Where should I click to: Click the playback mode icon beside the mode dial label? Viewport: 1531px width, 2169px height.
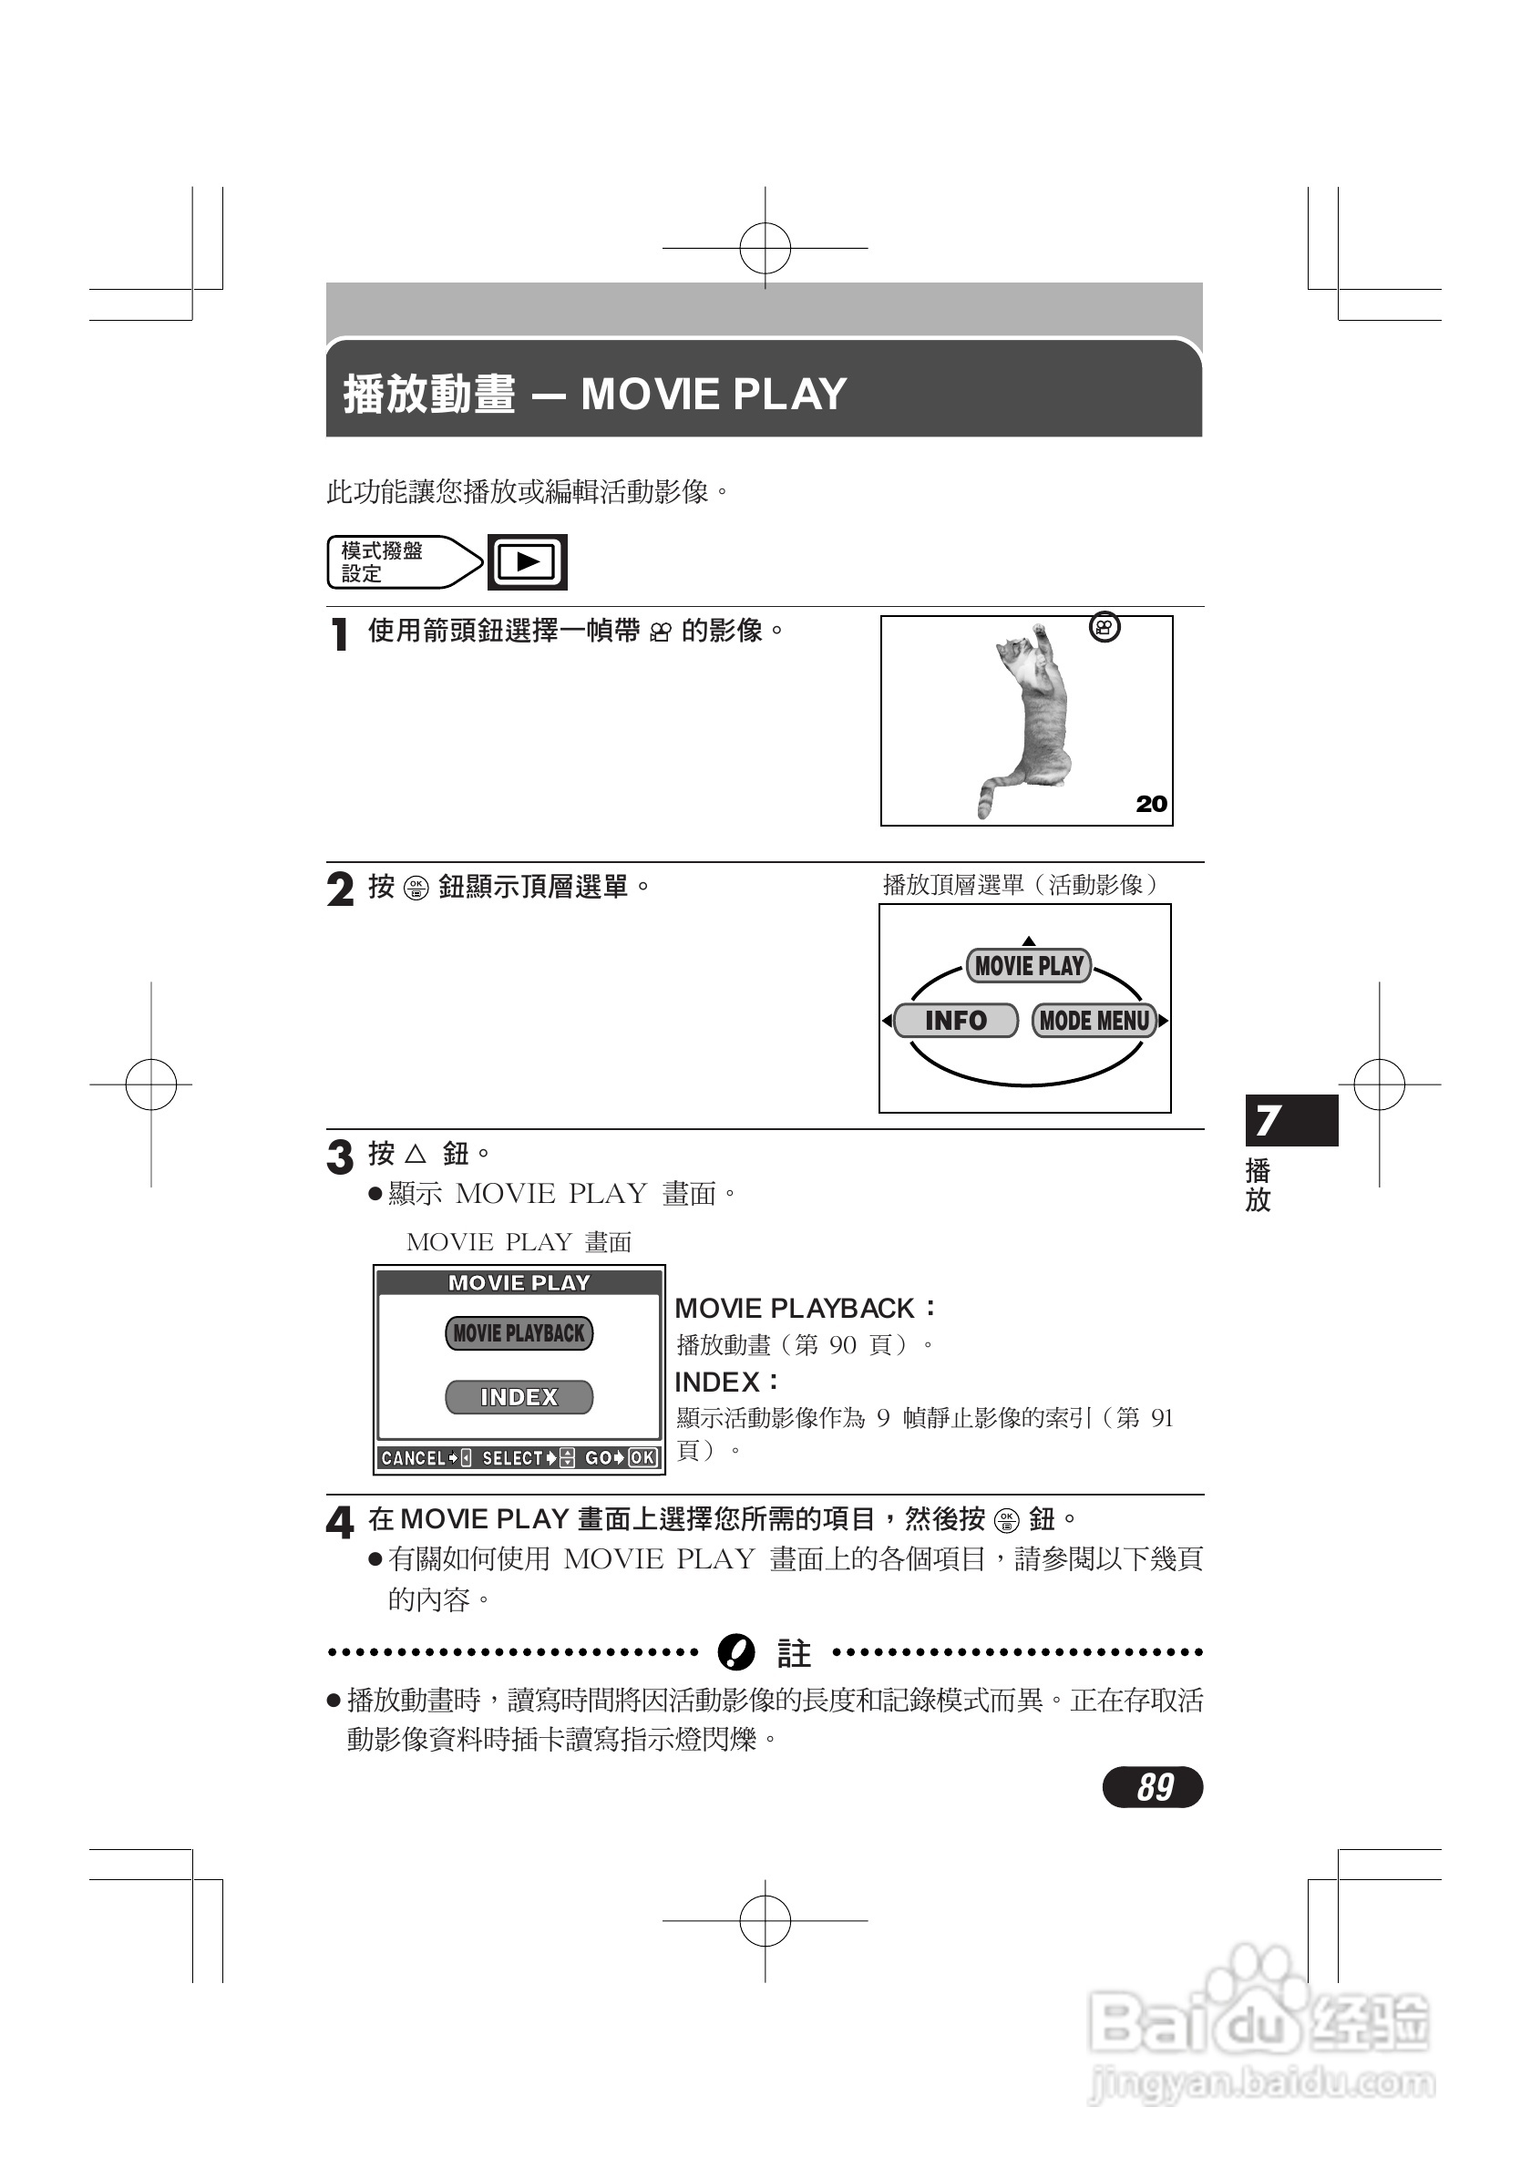[x=527, y=562]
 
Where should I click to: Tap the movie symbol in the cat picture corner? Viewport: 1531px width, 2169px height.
[x=1105, y=627]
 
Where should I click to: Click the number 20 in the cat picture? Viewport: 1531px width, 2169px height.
[x=1150, y=804]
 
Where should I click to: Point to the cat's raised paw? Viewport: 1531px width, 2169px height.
[x=1039, y=630]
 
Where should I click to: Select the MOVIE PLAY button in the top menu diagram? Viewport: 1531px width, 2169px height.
[x=1028, y=965]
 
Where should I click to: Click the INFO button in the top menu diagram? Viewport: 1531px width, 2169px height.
[x=955, y=1021]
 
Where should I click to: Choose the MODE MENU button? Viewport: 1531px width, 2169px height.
[x=1094, y=1021]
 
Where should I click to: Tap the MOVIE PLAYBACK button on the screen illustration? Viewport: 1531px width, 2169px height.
[x=519, y=1333]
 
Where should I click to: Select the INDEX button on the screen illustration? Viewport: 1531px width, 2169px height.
[x=519, y=1397]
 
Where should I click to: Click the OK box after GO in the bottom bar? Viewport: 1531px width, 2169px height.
[x=642, y=1457]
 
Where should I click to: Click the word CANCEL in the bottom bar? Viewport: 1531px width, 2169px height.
[x=413, y=1457]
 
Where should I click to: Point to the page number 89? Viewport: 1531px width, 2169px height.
[x=1153, y=1786]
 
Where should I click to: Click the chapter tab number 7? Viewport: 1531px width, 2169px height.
[x=1269, y=1120]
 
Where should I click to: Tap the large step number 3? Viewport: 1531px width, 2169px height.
[x=339, y=1157]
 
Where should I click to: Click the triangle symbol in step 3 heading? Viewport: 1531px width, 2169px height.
[x=416, y=1154]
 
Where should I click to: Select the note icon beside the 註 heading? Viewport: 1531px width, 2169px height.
[x=735, y=1652]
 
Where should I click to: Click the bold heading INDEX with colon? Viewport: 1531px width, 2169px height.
[x=725, y=1383]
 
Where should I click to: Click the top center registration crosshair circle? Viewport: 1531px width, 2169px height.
[x=765, y=249]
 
